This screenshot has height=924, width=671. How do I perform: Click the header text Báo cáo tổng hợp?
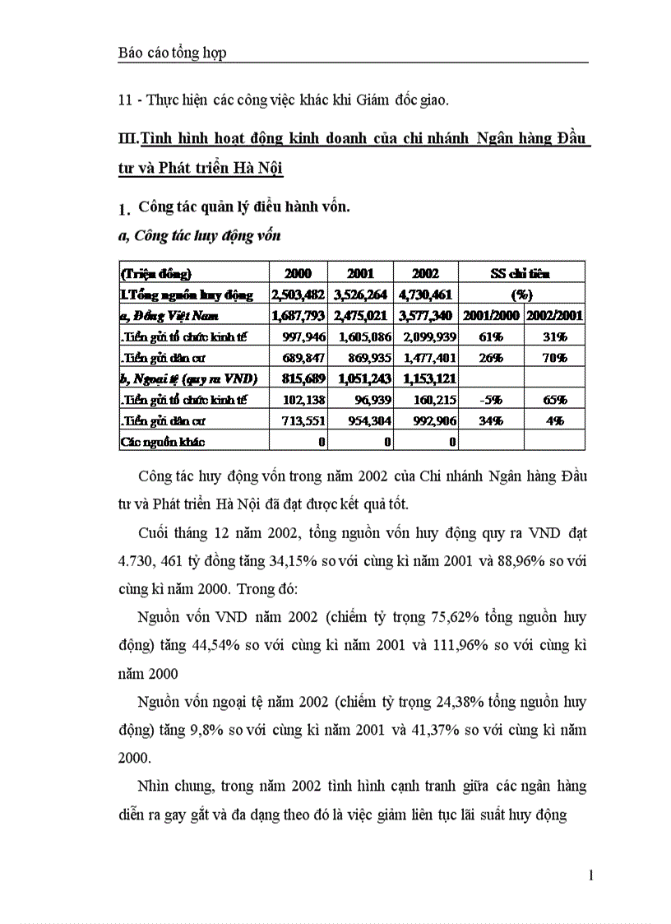click(x=172, y=53)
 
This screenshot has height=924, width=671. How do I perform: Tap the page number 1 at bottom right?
click(x=590, y=875)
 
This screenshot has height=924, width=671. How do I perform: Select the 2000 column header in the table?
click(x=298, y=273)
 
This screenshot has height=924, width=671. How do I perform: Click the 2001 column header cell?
click(x=360, y=273)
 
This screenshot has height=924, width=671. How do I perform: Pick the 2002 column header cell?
click(x=425, y=273)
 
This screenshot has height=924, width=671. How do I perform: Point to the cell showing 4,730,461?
click(x=426, y=294)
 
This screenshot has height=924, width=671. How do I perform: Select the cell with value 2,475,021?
click(x=361, y=315)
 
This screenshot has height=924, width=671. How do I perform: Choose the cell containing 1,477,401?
click(x=426, y=357)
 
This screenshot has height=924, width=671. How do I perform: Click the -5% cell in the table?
click(x=491, y=400)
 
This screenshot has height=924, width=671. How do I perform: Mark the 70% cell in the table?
click(x=554, y=357)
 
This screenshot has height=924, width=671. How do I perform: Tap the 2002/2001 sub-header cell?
click(x=554, y=315)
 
